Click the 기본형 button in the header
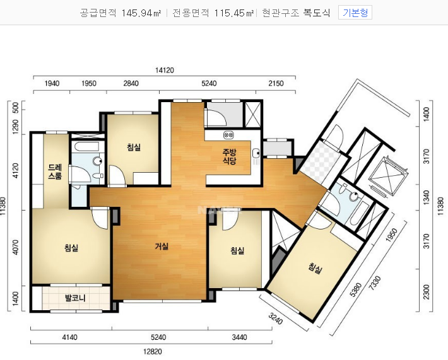click(x=355, y=13)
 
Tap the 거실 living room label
click(x=162, y=246)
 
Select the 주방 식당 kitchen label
click(x=230, y=156)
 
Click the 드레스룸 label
click(x=55, y=171)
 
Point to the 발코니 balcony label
click(x=75, y=298)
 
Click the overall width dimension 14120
click(x=165, y=70)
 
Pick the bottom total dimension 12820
click(x=153, y=351)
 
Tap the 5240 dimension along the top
click(x=209, y=83)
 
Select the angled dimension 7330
click(x=375, y=283)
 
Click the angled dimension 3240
click(x=276, y=318)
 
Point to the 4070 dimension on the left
click(x=15, y=247)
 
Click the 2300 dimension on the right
click(x=426, y=292)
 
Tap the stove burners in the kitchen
click(x=228, y=134)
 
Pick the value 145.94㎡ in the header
click(x=141, y=13)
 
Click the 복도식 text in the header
click(x=317, y=13)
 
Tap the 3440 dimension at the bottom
click(x=239, y=337)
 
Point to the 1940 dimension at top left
click(x=52, y=83)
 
